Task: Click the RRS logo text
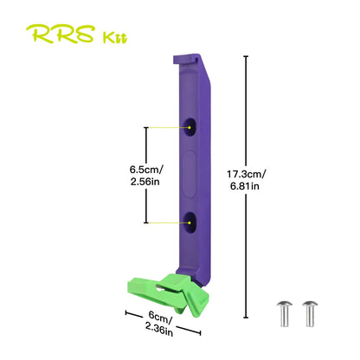pyautogui.click(x=61, y=34)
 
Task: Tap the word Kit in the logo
pyautogui.click(x=115, y=38)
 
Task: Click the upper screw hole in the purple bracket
pyautogui.click(x=190, y=126)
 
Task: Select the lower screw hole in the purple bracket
pyautogui.click(x=190, y=222)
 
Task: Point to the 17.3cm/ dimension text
pyautogui.click(x=246, y=174)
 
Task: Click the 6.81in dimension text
pyautogui.click(x=245, y=186)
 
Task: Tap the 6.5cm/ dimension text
pyautogui.click(x=146, y=170)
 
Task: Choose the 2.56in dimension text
pyautogui.click(x=145, y=182)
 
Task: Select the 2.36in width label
pyautogui.click(x=159, y=329)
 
